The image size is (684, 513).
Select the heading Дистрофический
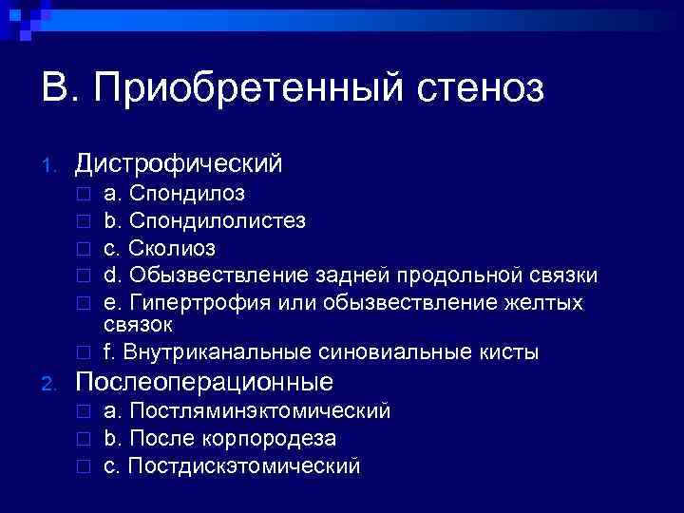pyautogui.click(x=179, y=163)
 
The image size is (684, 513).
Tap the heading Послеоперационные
pyautogui.click(x=204, y=382)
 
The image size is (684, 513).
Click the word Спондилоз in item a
pyautogui.click(x=187, y=194)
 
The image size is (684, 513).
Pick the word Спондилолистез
pyautogui.click(x=218, y=221)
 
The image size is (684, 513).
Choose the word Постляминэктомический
pyautogui.click(x=259, y=411)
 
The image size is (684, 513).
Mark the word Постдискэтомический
pyautogui.click(x=244, y=466)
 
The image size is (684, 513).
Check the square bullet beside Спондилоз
pyautogui.click(x=84, y=195)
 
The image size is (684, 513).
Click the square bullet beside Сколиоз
pyautogui.click(x=84, y=250)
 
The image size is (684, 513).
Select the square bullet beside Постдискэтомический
pyautogui.click(x=84, y=467)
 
